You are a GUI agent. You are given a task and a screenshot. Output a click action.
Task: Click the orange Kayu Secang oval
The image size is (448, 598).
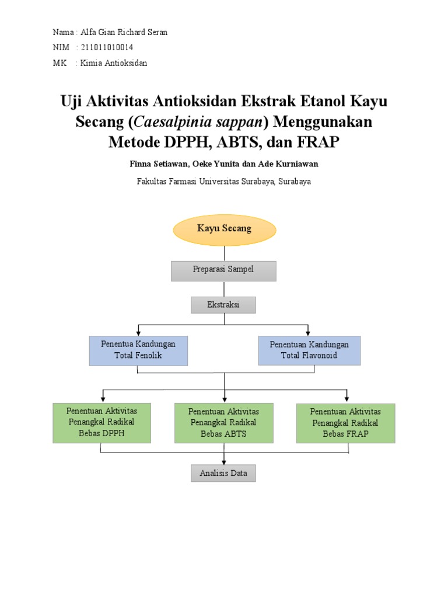click(x=224, y=229)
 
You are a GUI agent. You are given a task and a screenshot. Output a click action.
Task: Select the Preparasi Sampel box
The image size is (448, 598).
click(x=223, y=270)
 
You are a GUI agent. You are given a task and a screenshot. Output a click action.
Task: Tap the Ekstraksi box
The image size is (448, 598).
click(x=223, y=305)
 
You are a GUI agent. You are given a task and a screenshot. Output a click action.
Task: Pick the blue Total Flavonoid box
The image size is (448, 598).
click(x=309, y=350)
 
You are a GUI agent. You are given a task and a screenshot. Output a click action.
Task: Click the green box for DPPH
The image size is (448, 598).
click(x=101, y=423)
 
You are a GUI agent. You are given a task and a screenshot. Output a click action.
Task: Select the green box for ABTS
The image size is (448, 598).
click(x=223, y=423)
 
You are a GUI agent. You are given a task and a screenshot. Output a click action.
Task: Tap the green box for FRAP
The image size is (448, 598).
click(x=345, y=423)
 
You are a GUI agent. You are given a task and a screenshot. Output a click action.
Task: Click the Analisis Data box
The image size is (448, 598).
click(x=223, y=473)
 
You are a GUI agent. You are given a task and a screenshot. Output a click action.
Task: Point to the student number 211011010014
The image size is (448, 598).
click(x=102, y=47)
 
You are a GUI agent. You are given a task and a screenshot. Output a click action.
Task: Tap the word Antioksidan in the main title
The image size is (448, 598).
click(x=194, y=102)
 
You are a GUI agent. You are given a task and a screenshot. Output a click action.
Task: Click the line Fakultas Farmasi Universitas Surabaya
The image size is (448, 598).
click(x=223, y=181)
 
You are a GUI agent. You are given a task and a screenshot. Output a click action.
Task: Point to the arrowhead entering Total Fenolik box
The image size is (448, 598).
click(x=139, y=333)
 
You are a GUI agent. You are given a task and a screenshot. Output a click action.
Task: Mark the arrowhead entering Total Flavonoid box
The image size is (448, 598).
click(x=308, y=333)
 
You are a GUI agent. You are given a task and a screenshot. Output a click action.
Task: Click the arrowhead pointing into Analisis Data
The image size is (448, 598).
click(x=223, y=462)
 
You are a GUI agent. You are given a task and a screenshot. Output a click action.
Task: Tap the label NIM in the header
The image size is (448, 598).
click(x=61, y=47)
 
